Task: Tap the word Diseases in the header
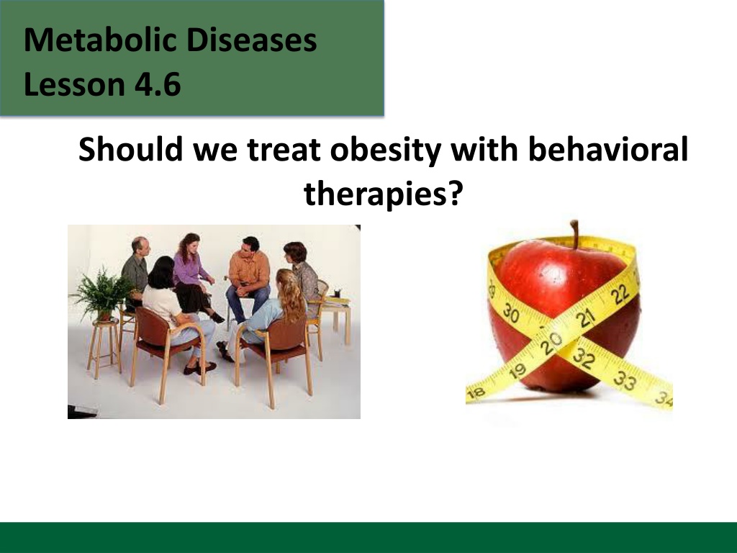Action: click(251, 40)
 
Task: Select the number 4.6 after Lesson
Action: click(158, 85)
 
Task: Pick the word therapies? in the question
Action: click(384, 194)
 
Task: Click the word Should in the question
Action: click(130, 148)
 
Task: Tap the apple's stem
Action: click(574, 234)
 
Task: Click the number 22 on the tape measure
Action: click(620, 295)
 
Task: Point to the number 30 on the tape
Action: click(511, 313)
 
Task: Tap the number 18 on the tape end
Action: click(476, 392)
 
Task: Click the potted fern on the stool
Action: click(101, 294)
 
